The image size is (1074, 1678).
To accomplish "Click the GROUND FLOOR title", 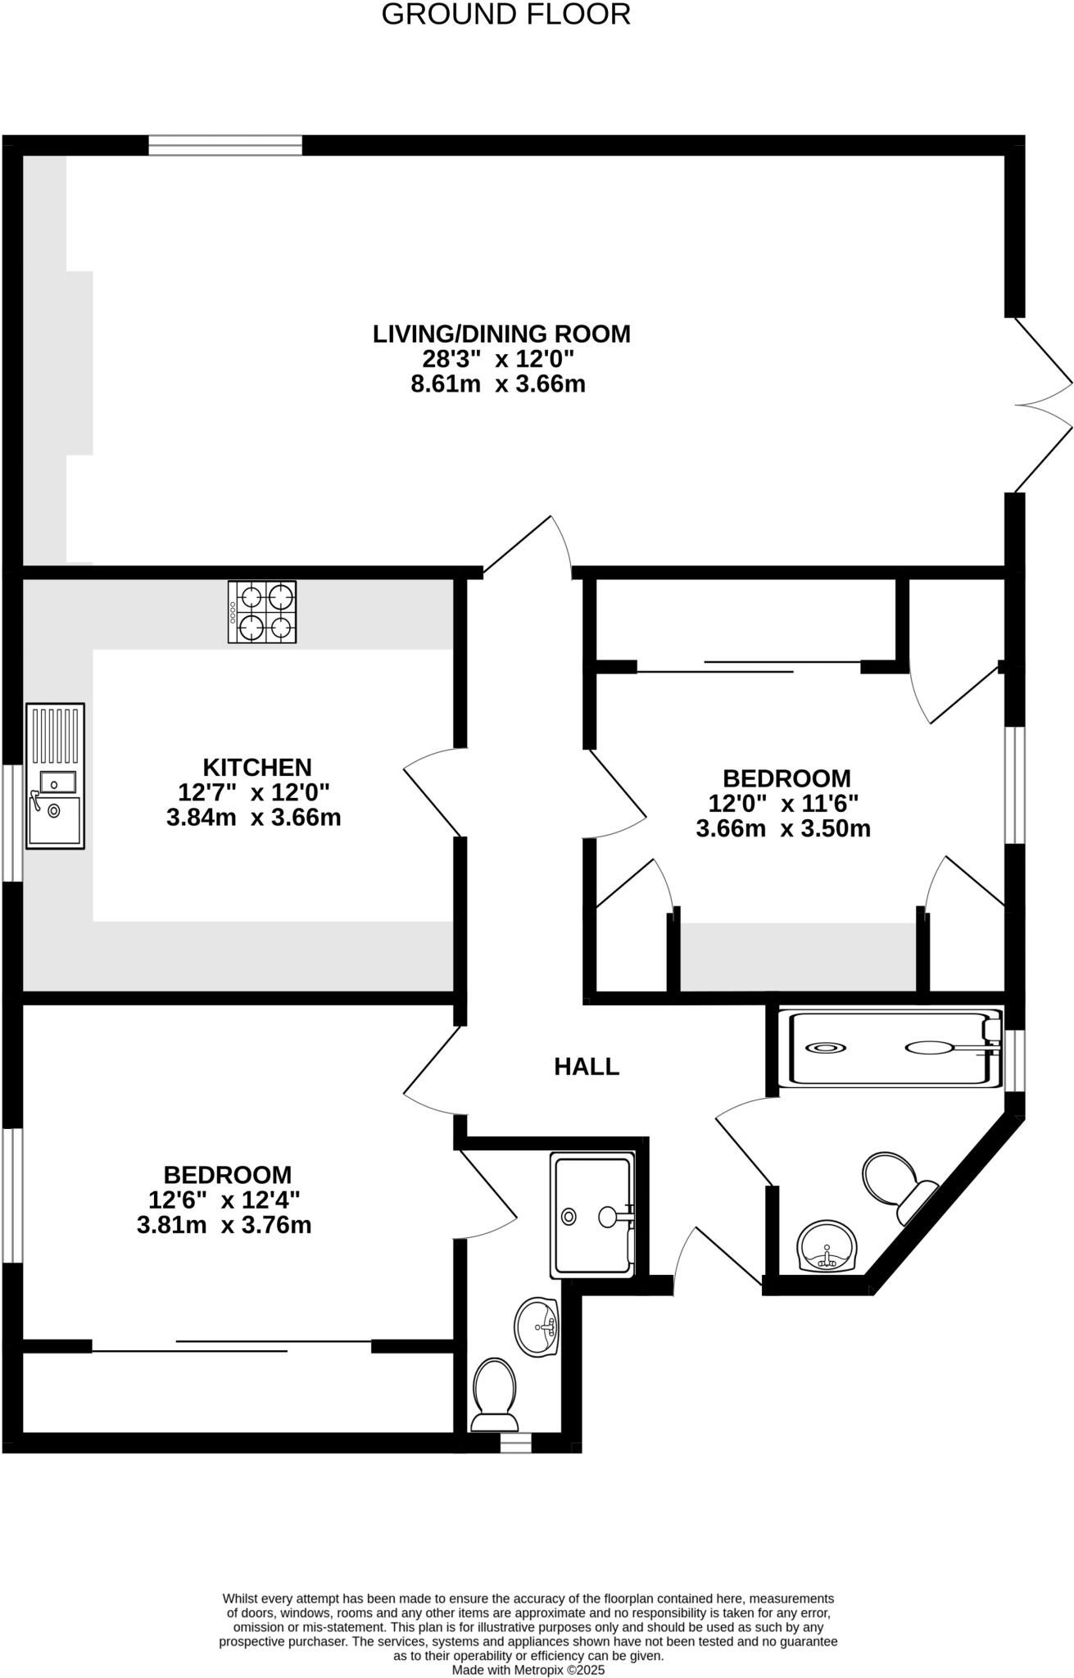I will (x=505, y=15).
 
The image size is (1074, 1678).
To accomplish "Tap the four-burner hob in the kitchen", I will (x=262, y=612).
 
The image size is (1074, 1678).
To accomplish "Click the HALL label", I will (x=587, y=1066).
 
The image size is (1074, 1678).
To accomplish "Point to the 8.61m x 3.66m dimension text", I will (x=498, y=383).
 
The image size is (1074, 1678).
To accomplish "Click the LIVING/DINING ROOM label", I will (x=501, y=333).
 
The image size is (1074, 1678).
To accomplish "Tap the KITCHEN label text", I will (x=257, y=767).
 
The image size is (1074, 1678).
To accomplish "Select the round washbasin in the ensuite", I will (x=537, y=1327).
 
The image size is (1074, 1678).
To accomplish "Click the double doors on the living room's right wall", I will (x=1040, y=404).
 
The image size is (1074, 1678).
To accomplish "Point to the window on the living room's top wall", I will (x=225, y=146).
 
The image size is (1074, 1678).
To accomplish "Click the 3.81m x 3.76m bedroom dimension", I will (x=224, y=1226).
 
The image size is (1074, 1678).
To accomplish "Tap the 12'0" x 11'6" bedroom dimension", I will (x=783, y=803).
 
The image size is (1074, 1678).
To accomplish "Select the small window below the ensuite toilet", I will (x=515, y=1443).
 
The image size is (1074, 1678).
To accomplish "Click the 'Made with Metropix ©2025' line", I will (x=528, y=1669).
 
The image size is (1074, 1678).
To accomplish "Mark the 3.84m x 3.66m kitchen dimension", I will (x=253, y=817).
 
